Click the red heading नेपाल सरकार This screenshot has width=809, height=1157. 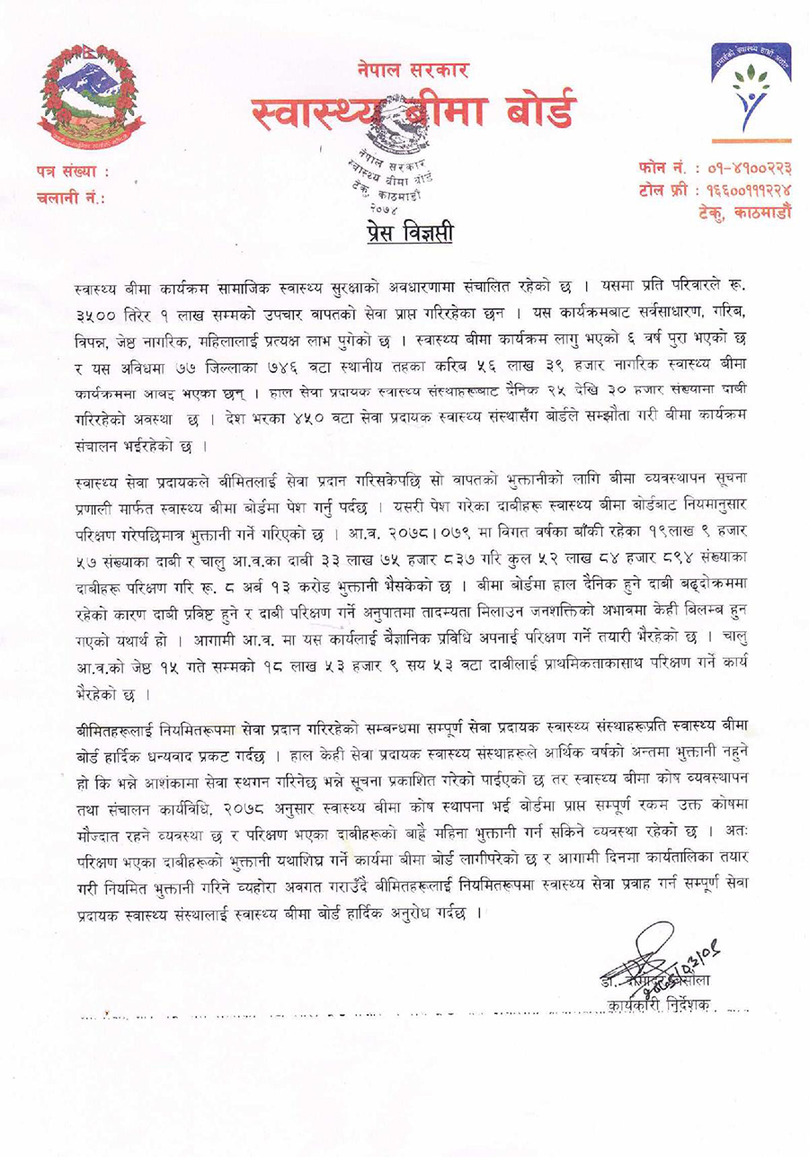(x=413, y=70)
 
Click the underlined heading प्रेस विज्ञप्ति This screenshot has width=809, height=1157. (x=410, y=235)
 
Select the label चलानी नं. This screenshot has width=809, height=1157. (x=71, y=196)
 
